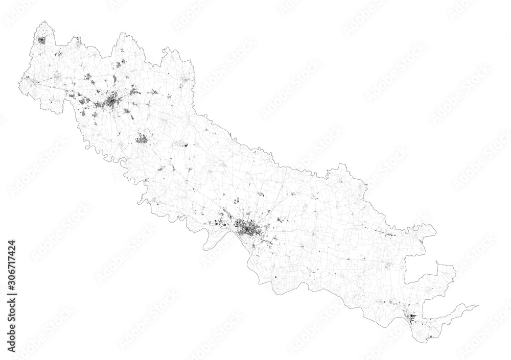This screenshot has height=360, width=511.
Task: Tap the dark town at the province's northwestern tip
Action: pos(42,40)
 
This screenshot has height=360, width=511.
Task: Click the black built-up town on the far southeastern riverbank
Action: pos(412,319)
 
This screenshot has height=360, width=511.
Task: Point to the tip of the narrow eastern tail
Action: pos(478,306)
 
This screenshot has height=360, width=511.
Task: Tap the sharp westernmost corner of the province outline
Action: pos(20,78)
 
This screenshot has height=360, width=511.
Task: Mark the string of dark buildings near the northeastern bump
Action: pos(391,234)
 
